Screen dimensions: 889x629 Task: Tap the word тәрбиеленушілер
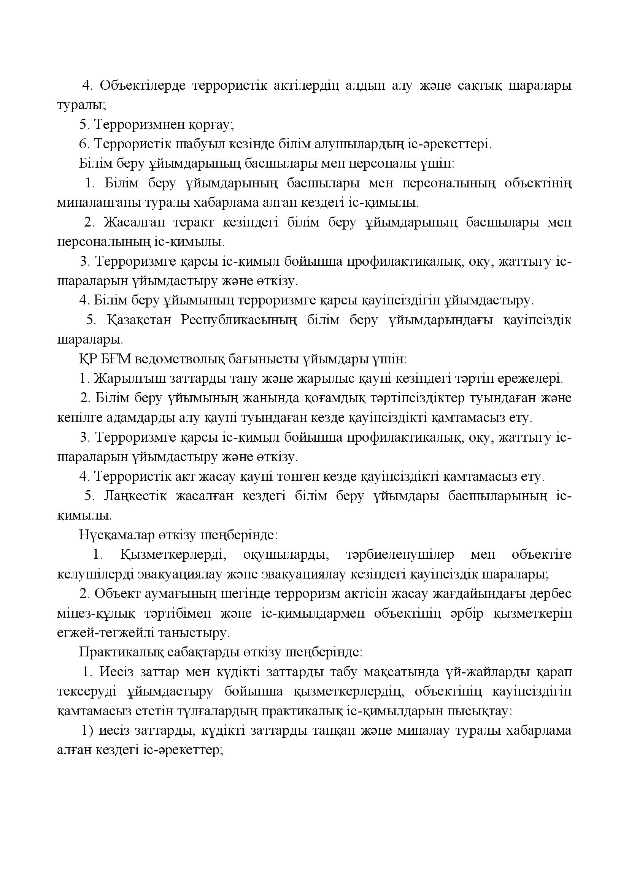point(400,555)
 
